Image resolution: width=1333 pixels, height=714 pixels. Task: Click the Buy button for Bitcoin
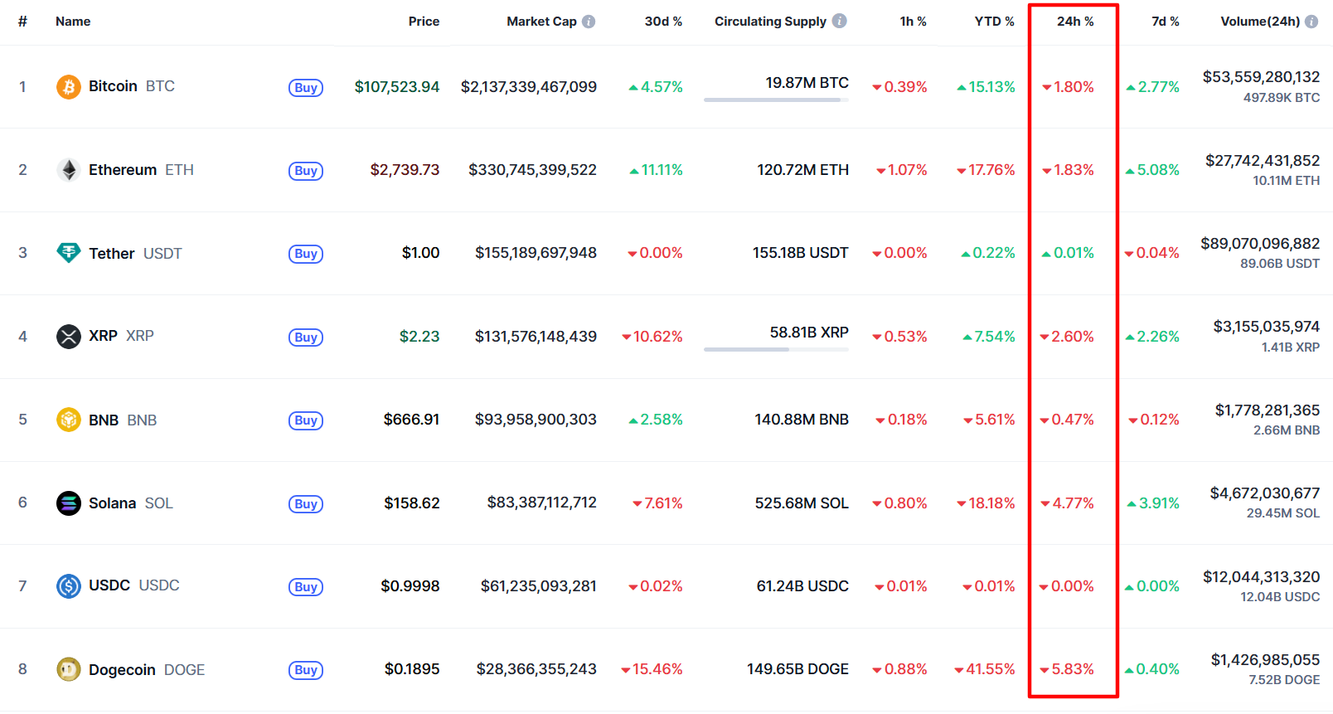tap(305, 88)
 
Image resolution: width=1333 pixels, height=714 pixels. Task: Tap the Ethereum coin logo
tap(69, 170)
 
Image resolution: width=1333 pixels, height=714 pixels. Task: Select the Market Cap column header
tap(541, 22)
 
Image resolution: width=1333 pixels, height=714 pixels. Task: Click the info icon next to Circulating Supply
tap(840, 21)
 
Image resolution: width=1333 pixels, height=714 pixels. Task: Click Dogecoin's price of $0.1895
tap(412, 669)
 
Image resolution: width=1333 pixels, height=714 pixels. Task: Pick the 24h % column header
tap(1075, 22)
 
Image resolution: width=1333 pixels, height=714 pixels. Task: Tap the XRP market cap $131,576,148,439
tap(536, 337)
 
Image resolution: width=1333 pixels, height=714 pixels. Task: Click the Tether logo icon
tap(68, 253)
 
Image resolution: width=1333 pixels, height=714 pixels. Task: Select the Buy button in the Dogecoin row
tap(305, 670)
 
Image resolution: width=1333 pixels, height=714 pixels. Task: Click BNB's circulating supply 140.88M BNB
tap(802, 420)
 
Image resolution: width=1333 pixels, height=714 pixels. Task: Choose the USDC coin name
tap(109, 585)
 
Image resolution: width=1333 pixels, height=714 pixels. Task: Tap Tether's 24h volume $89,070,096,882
tap(1260, 244)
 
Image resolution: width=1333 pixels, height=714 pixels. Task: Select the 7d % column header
tap(1165, 22)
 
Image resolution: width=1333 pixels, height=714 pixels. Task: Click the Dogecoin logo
tap(68, 669)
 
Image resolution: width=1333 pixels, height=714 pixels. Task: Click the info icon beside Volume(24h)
tap(1311, 22)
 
